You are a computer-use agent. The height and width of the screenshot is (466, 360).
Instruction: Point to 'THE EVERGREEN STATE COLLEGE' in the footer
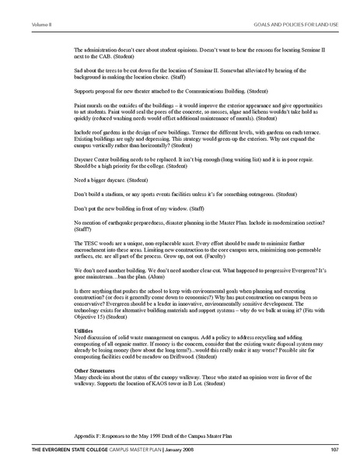click(x=50, y=450)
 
